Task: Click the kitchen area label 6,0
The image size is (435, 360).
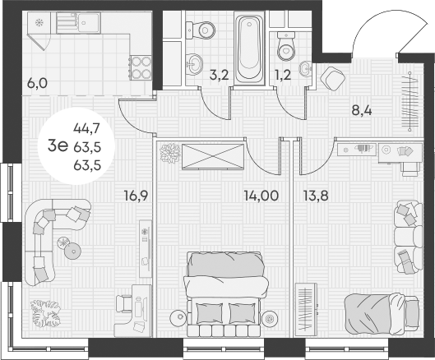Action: [x=37, y=83]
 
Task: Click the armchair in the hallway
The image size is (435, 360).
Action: [x=333, y=79]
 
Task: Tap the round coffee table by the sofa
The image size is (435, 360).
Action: [x=72, y=249]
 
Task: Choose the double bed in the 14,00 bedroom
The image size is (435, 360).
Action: [x=227, y=292]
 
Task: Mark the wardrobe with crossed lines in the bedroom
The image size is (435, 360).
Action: [x=213, y=155]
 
